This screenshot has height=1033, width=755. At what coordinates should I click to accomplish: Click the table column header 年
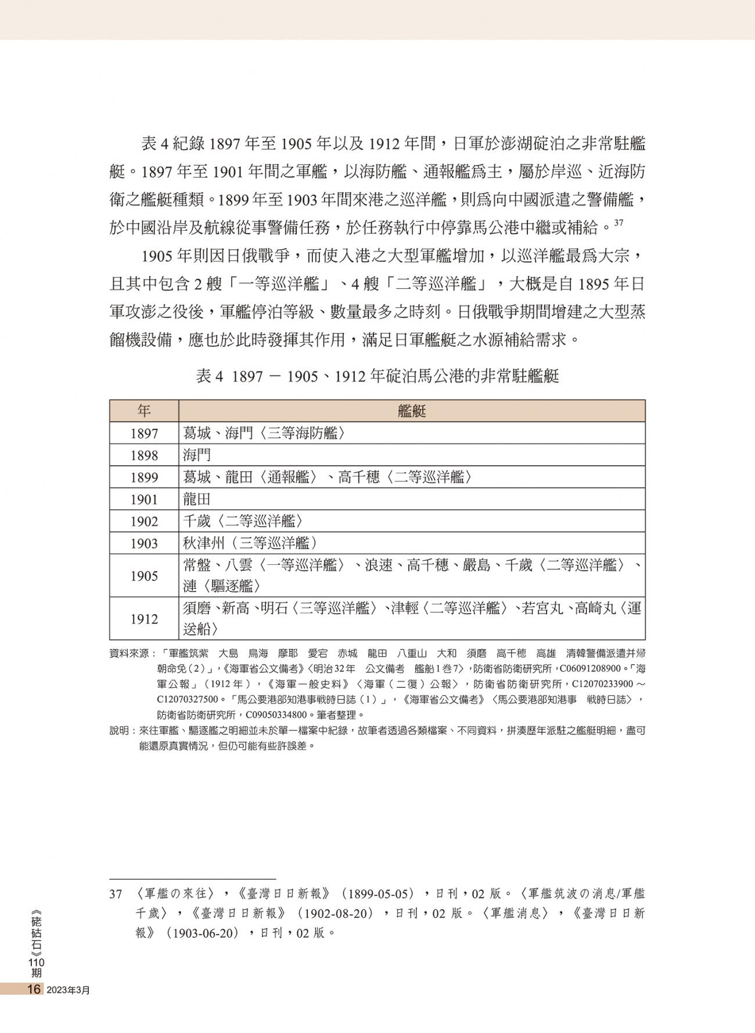143,411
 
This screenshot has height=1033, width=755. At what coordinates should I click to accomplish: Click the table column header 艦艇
412,411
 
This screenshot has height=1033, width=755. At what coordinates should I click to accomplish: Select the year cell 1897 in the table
143,433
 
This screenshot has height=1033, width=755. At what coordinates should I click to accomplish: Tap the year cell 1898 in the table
143,455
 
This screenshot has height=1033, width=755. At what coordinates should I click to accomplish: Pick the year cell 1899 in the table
143,478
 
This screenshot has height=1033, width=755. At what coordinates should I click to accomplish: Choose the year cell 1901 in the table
143,500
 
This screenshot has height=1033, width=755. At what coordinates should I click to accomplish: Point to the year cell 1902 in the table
143,522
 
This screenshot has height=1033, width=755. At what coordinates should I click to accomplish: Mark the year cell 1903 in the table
143,544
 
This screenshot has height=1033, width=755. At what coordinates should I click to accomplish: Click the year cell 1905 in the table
143,576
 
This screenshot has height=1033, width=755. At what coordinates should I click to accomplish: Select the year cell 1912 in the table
143,619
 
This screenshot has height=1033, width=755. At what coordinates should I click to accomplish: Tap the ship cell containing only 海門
197,455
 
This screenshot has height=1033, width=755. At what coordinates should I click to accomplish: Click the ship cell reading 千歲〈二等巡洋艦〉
243,522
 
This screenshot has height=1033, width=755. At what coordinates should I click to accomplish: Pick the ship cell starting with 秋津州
250,544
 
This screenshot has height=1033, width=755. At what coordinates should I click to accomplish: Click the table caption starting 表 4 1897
377,376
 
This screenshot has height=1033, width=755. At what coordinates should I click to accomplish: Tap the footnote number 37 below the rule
116,894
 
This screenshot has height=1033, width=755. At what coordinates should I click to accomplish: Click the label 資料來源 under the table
128,654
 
